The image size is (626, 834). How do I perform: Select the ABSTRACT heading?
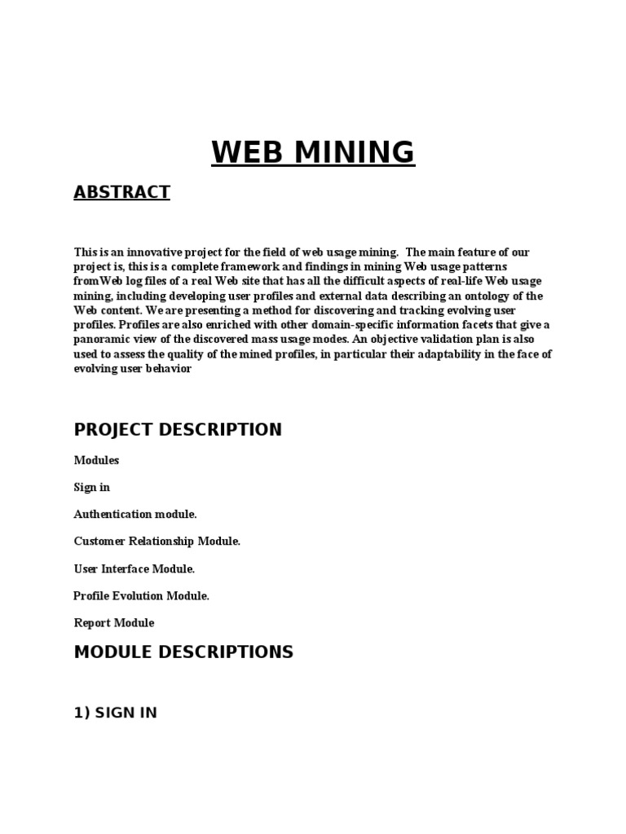pyautogui.click(x=121, y=192)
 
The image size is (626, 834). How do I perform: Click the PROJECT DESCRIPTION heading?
pyautogui.click(x=178, y=430)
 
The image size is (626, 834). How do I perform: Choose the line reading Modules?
pyautogui.click(x=96, y=460)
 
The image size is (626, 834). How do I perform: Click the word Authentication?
pyautogui.click(x=112, y=514)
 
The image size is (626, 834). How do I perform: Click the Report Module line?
pyautogui.click(x=114, y=623)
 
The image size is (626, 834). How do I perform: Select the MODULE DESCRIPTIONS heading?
pyautogui.click(x=183, y=652)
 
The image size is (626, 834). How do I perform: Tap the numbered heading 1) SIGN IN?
pyautogui.click(x=115, y=713)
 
